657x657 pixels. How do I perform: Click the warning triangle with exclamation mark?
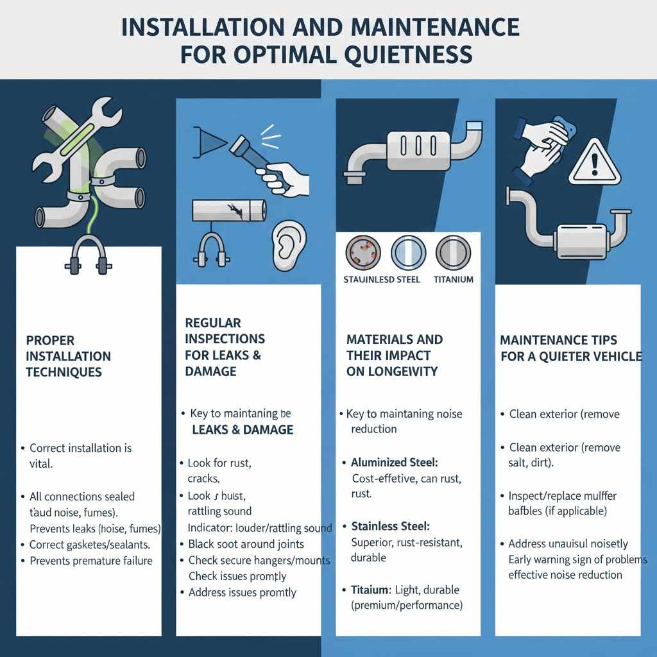click(x=596, y=162)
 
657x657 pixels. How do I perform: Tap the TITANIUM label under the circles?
click(x=453, y=279)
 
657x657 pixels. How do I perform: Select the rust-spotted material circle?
click(x=363, y=252)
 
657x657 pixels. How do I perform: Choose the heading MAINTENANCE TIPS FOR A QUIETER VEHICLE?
click(x=570, y=347)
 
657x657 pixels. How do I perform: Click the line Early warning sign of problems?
click(x=577, y=559)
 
